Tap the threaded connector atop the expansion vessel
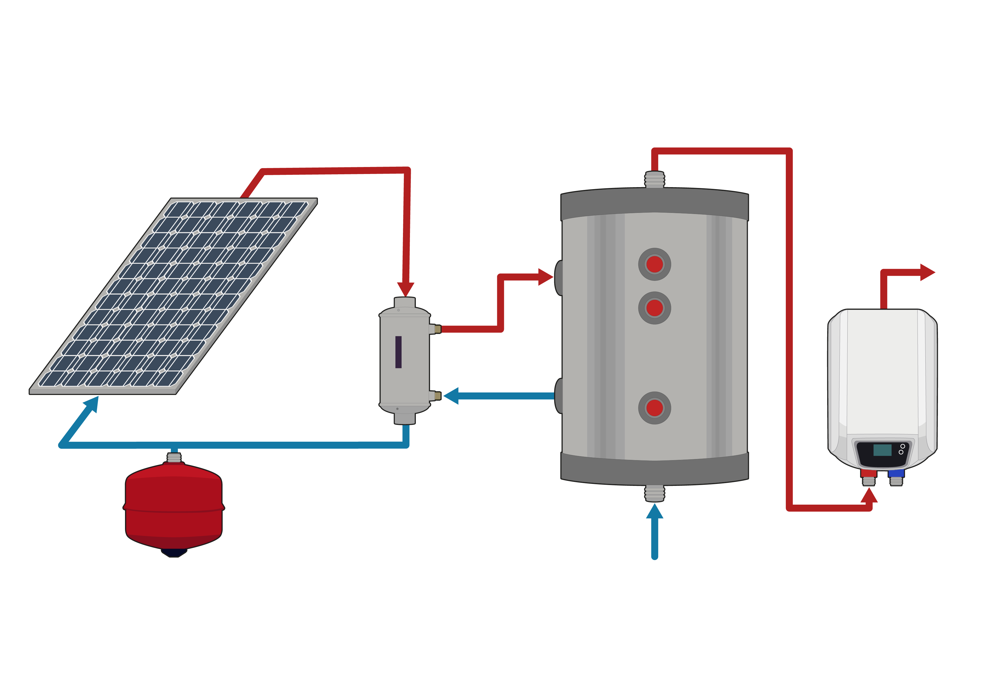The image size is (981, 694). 173,457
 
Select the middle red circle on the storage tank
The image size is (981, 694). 654,308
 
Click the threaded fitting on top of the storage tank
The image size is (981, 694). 654,180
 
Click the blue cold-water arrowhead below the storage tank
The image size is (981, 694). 654,512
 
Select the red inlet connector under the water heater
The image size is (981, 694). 868,474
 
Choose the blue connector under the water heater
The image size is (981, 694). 896,474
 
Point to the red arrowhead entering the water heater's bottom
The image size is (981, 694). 869,496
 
